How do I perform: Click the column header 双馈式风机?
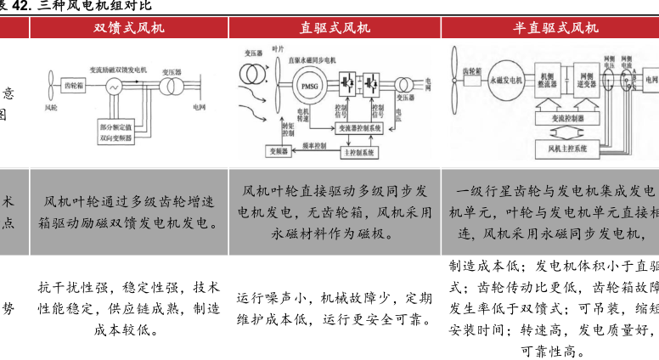click(x=129, y=28)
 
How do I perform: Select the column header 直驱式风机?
click(x=335, y=28)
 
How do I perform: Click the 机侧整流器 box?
click(x=549, y=82)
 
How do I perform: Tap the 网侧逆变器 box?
click(x=586, y=82)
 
